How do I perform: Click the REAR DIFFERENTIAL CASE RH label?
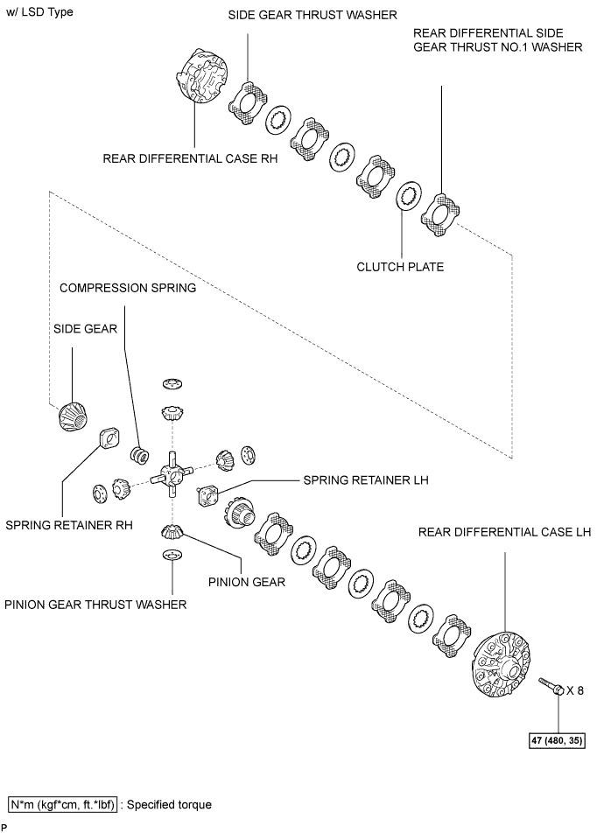coord(190,158)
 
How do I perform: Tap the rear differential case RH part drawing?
coord(201,76)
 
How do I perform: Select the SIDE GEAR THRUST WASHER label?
coord(313,15)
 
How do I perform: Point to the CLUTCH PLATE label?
coord(400,267)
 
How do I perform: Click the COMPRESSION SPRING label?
coord(128,288)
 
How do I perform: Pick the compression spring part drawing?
coord(140,455)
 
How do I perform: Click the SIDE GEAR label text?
coord(85,329)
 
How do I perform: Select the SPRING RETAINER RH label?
coord(69,525)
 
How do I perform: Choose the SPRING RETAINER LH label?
coord(366,480)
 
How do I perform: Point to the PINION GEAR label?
coord(247,582)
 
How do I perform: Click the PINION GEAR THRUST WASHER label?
coord(95,605)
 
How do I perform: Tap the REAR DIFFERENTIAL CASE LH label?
coord(504,532)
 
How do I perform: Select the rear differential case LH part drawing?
coord(502,665)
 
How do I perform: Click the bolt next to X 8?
coord(551,686)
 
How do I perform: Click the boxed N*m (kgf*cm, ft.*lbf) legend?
coord(63,805)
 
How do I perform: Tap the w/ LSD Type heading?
coord(39,12)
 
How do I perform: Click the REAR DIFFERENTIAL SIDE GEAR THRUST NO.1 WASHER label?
coord(498,40)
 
